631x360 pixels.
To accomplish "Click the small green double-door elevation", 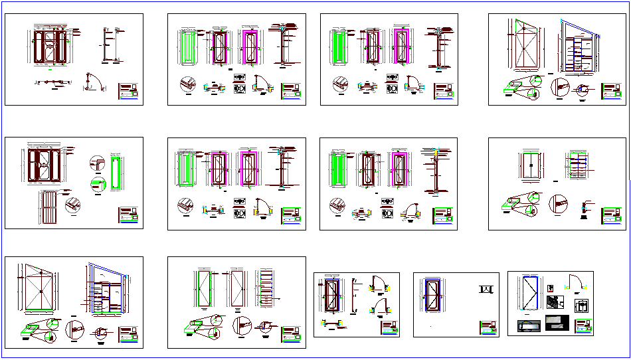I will click(529, 165).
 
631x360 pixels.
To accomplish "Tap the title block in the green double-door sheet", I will click(612, 216).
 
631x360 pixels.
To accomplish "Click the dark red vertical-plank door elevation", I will click(50, 208).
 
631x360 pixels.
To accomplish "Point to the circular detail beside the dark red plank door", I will click(74, 203).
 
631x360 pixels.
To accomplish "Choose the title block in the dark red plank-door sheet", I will click(130, 216).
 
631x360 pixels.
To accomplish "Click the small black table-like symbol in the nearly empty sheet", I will click(486, 290).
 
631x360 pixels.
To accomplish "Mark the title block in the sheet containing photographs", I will click(583, 326).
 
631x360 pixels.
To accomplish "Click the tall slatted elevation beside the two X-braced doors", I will click(266, 289).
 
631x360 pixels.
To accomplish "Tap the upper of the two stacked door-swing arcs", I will click(379, 284).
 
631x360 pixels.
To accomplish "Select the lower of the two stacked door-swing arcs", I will click(379, 308).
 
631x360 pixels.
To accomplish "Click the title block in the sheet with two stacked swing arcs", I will click(389, 327).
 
